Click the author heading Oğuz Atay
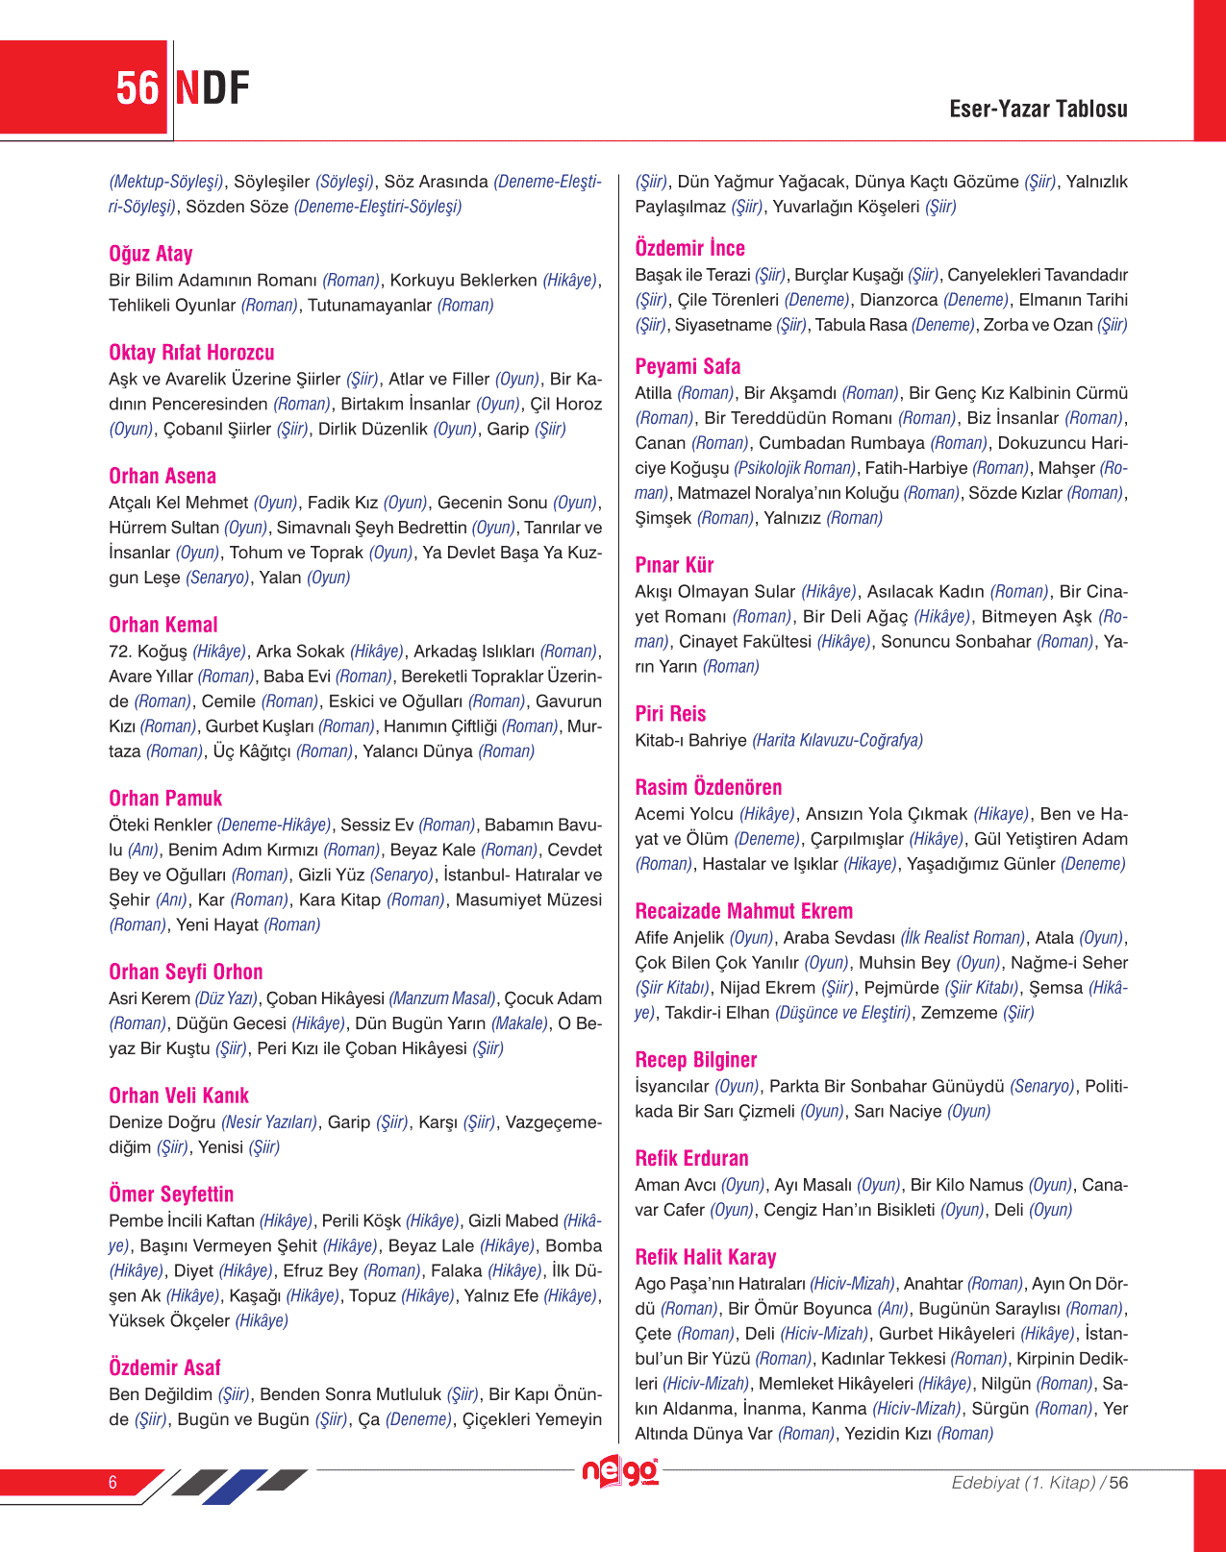151,254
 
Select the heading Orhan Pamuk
165,799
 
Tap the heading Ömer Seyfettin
171,1195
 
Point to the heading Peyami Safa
688,366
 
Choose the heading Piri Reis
670,714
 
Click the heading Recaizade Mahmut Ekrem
743,911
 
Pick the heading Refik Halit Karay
705,1257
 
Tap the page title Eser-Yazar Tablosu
1038,109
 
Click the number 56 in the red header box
137,88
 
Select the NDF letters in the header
213,88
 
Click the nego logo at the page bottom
620,1472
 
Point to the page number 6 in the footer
113,1483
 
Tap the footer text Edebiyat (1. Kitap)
1022,1483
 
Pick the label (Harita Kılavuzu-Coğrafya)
837,740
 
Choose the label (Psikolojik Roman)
794,468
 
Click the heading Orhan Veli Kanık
179,1096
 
